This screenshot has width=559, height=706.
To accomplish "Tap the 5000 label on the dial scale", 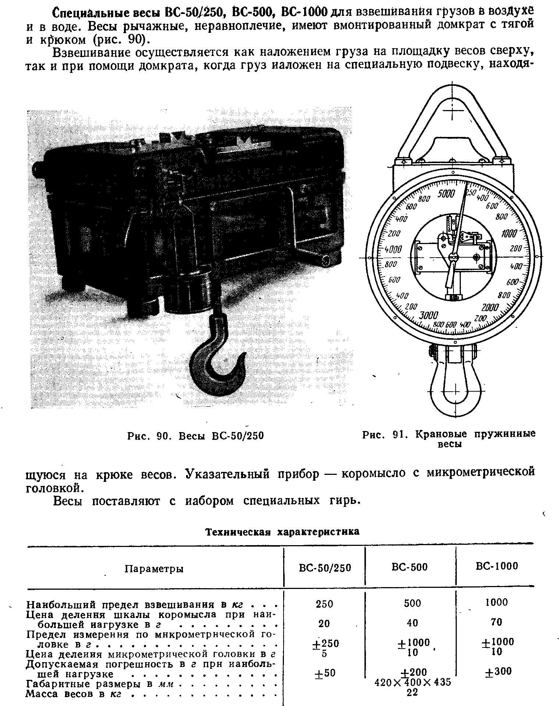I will click(446, 194).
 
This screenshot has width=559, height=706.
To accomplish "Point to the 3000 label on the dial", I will click(428, 316).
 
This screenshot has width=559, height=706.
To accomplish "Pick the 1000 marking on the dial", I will click(509, 233).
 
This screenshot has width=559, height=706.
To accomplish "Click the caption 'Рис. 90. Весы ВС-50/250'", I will click(196, 436).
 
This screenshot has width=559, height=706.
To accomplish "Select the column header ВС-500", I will click(410, 567).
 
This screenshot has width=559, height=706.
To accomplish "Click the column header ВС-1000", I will click(496, 566).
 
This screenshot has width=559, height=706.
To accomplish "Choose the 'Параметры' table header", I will click(154, 569).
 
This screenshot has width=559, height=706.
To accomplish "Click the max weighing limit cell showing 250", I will click(324, 604).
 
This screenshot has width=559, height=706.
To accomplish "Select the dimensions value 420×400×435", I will click(412, 682).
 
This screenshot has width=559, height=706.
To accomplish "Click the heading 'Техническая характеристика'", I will click(282, 532).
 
